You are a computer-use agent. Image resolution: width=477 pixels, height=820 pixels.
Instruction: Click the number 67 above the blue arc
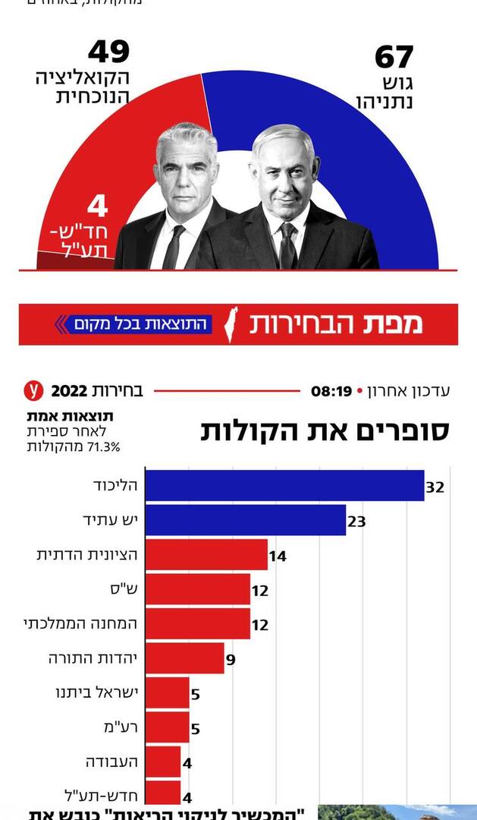pos(394,58)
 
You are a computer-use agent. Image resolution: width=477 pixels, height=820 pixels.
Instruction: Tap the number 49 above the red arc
pos(108,52)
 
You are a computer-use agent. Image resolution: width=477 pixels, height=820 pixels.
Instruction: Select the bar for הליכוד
pos(284,486)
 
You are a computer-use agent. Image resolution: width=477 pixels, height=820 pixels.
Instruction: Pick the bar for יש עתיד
pos(245,520)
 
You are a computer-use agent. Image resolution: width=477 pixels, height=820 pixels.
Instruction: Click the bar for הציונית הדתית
pos(206,555)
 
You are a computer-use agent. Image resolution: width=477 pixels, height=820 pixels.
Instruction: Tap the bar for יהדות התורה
pos(184,658)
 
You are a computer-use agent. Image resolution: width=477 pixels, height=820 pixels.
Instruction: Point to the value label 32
pos(435,487)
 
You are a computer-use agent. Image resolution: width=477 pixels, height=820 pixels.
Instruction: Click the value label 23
pos(356,522)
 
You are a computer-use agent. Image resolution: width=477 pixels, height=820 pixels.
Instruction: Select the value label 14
pos(278,557)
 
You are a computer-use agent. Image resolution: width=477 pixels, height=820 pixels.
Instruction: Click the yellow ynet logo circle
pos(33,391)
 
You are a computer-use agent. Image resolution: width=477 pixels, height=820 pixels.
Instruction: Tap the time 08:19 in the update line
pos(331,392)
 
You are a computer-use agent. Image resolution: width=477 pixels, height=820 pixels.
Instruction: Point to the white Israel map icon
pos(234,325)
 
